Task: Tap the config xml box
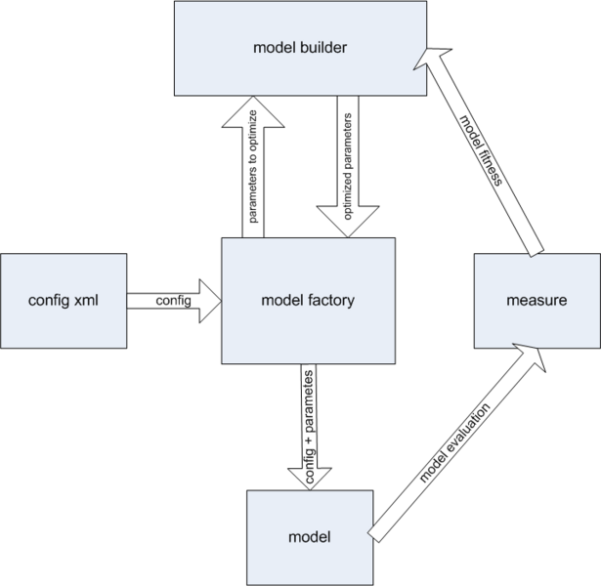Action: [64, 300]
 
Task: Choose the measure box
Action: [537, 300]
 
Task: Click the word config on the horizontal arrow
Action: [173, 300]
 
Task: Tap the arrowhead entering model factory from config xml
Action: [210, 293]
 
